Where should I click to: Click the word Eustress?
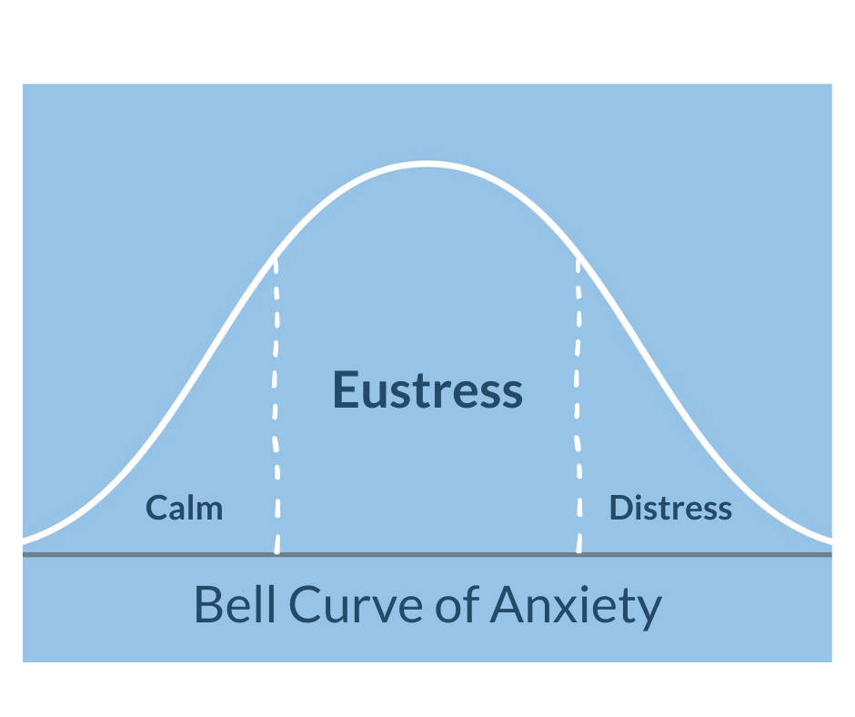[x=427, y=389]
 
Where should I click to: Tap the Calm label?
[x=185, y=508]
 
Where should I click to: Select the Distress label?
[x=670, y=508]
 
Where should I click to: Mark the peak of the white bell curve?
[x=427, y=164]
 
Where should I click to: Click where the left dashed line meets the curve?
[x=276, y=258]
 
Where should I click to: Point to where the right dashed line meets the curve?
[x=578, y=257]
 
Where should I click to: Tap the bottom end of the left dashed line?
[x=277, y=550]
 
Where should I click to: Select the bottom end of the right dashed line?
[x=579, y=550]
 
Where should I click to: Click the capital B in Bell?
[x=208, y=605]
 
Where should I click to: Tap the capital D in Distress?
[x=619, y=508]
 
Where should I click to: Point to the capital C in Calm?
[x=156, y=508]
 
